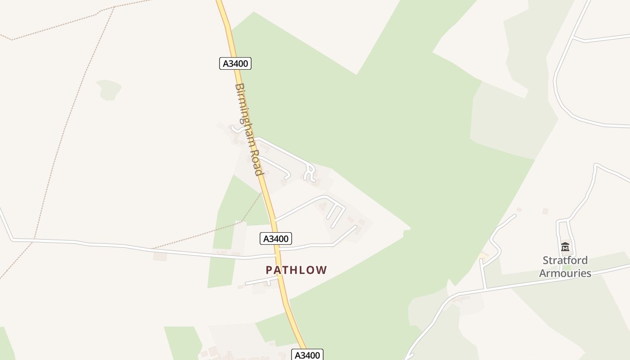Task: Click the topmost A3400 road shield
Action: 235,63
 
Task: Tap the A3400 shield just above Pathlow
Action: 276,238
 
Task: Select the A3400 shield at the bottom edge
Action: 307,355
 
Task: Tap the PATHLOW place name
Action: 296,270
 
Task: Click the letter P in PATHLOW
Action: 269,270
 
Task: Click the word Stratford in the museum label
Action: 565,260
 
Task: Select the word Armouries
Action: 565,273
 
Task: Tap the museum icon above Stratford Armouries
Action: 565,247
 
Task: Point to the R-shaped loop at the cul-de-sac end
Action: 310,173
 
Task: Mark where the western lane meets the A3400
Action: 275,255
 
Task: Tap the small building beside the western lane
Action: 160,256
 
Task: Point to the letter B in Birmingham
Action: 239,87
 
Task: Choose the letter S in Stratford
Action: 546,260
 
